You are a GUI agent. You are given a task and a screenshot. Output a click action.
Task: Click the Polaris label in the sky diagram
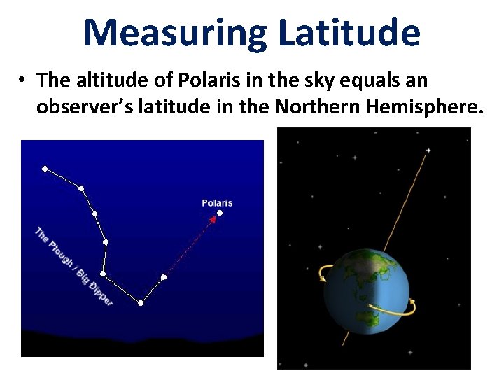[217, 203]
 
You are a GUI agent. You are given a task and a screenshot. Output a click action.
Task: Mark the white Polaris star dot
[220, 213]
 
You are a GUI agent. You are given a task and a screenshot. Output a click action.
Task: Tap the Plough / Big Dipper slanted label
[73, 266]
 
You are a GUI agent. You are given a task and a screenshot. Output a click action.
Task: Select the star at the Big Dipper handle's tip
[45, 169]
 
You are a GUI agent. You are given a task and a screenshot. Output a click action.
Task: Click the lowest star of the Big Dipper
[141, 303]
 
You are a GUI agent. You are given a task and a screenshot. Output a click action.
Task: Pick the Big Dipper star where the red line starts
[164, 277]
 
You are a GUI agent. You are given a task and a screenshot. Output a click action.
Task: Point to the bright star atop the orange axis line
[428, 150]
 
